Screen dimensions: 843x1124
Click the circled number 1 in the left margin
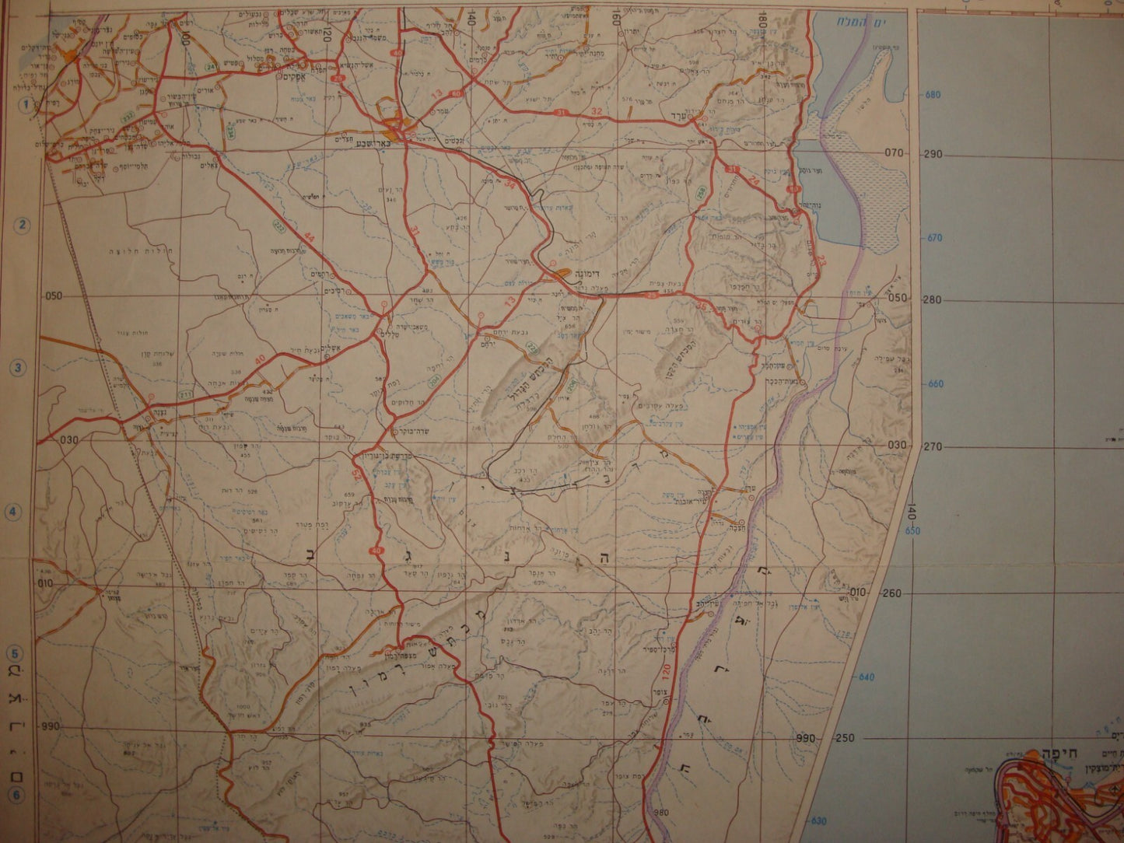25,104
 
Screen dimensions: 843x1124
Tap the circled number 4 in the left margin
13,512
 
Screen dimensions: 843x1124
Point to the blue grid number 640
866,677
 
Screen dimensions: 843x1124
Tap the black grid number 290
933,154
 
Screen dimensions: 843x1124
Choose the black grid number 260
892,593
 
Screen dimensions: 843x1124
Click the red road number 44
311,236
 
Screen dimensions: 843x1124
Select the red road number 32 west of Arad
597,111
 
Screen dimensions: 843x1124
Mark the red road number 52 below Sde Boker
357,474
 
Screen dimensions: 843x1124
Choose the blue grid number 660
936,383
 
